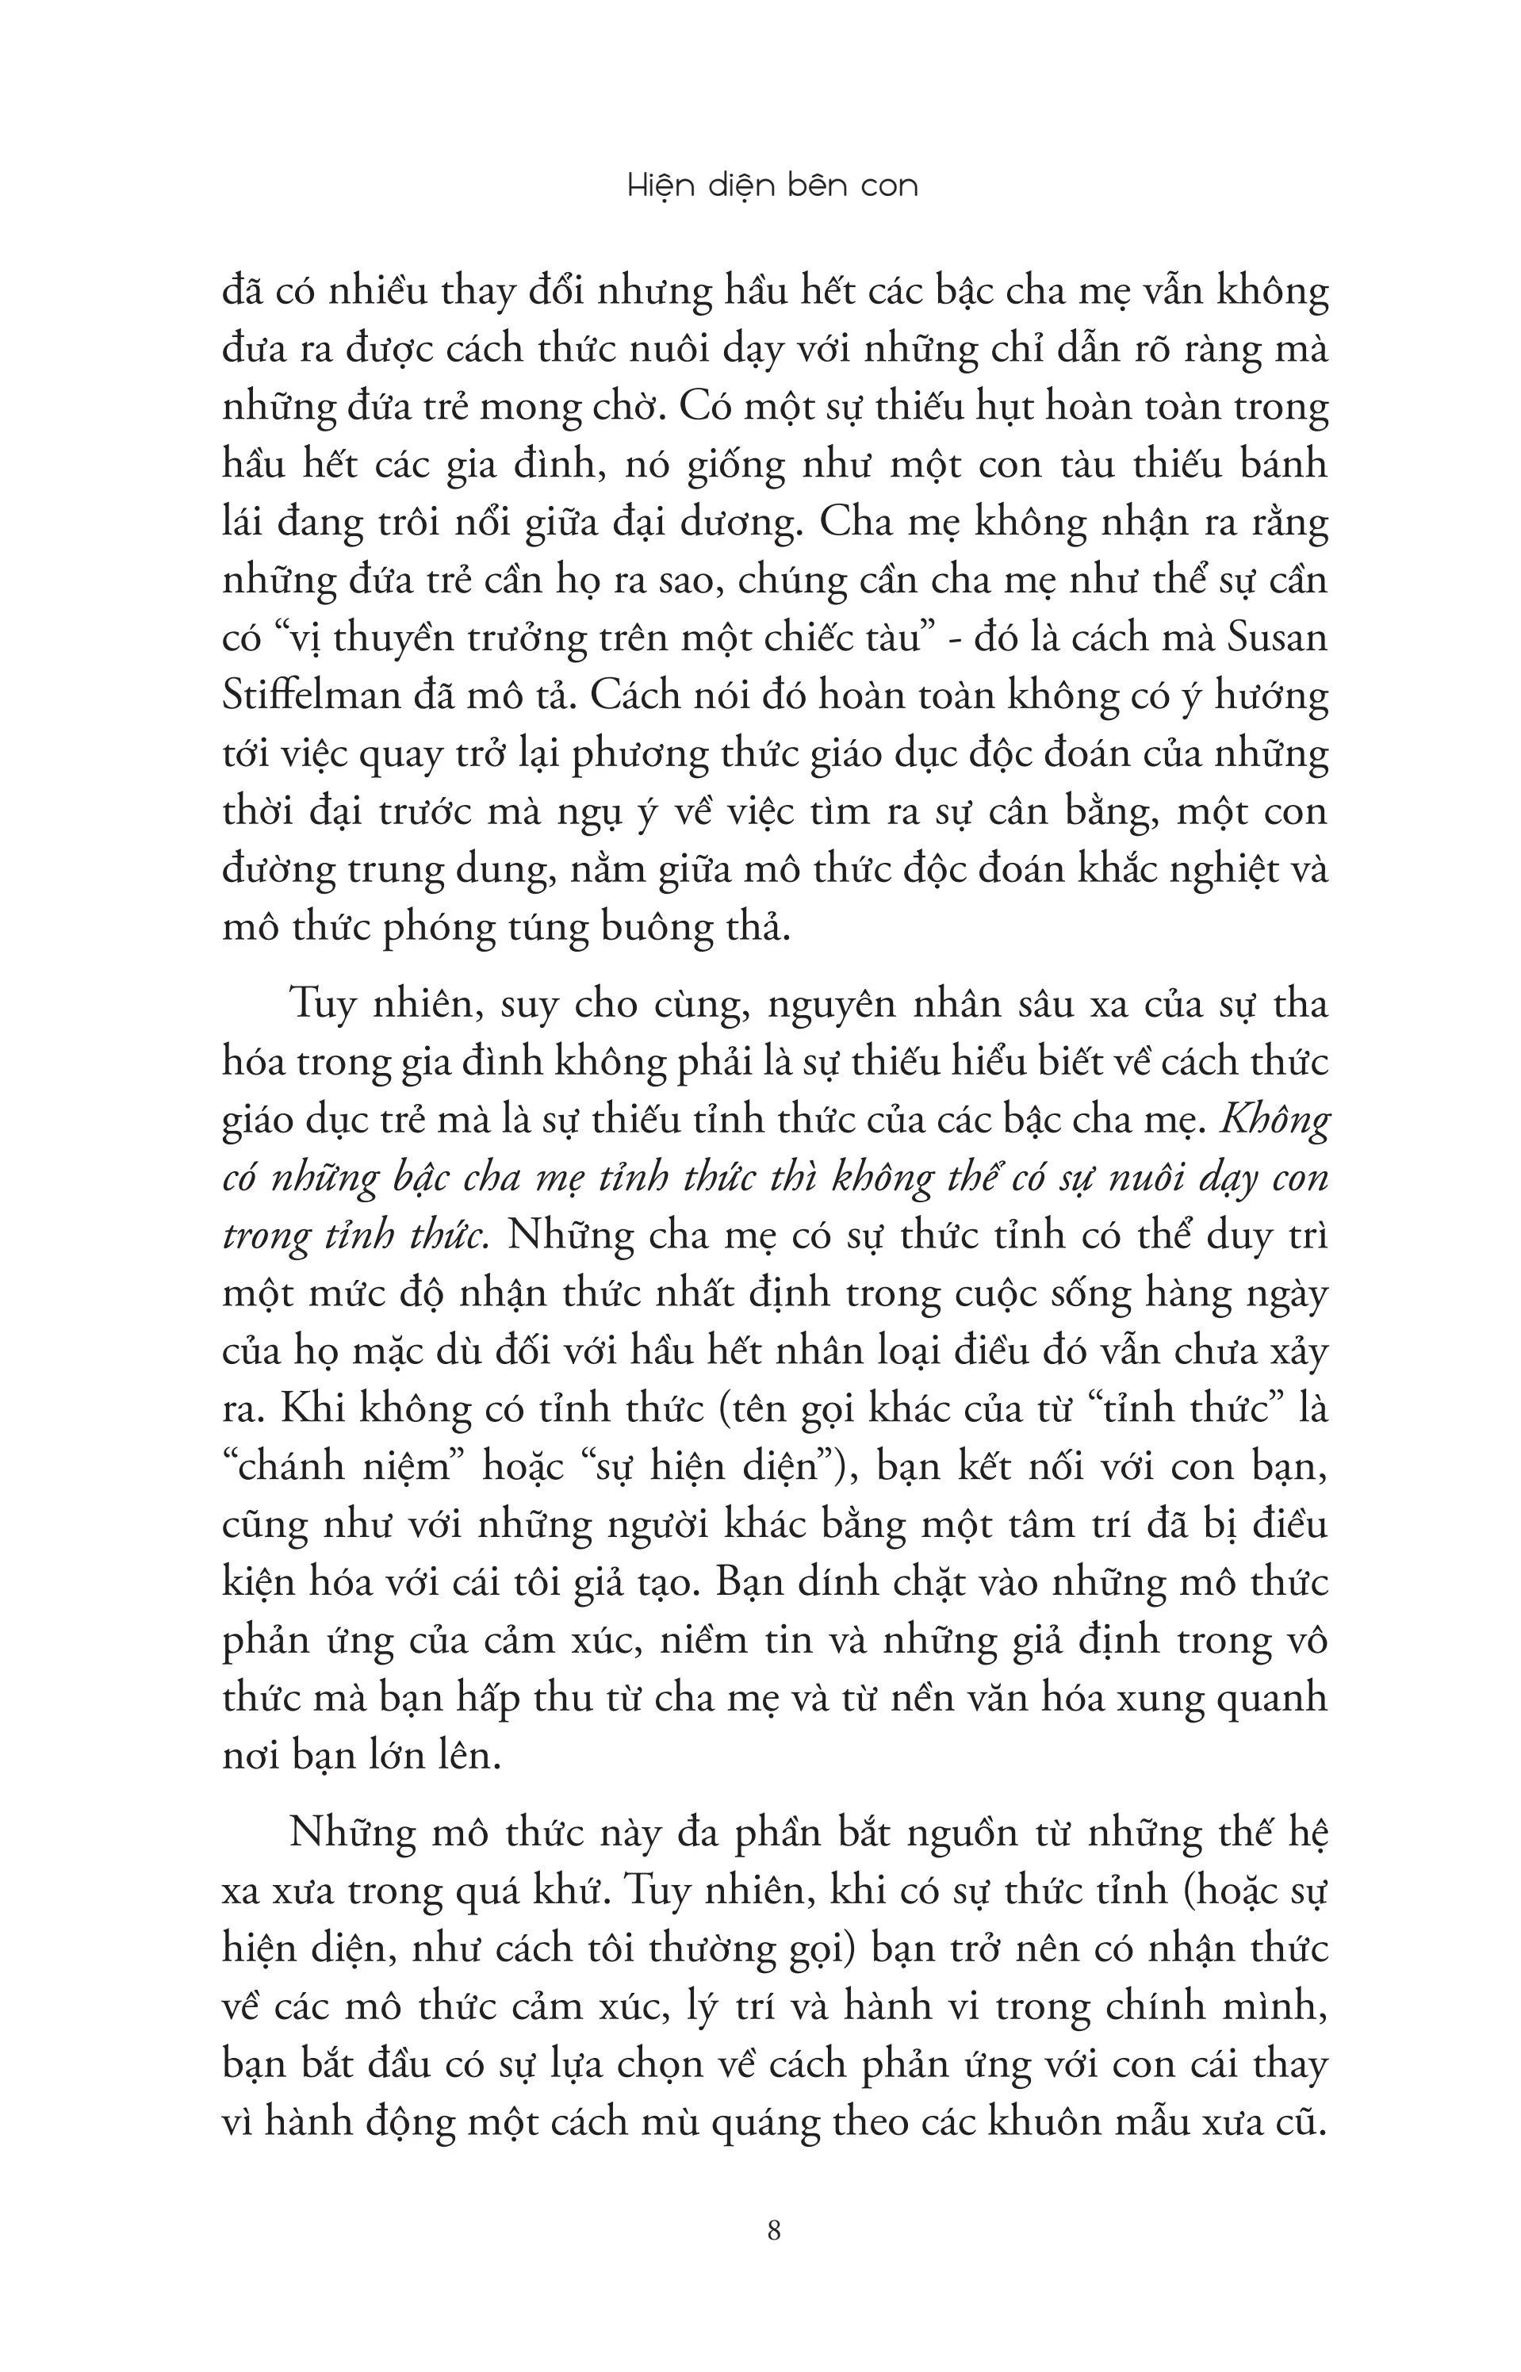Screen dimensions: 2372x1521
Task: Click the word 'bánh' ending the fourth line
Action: click(x=1283, y=465)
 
